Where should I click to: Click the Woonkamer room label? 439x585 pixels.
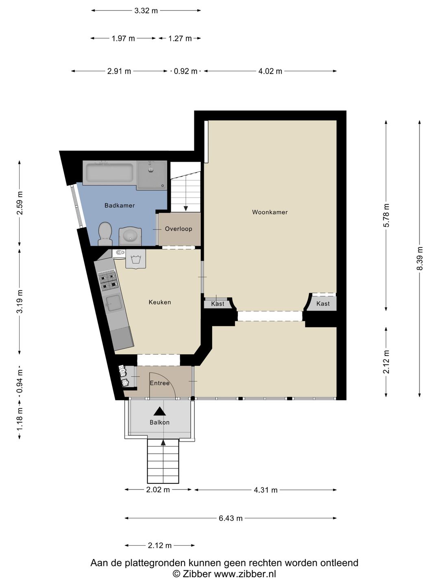coord(270,212)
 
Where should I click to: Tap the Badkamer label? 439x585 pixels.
coord(120,205)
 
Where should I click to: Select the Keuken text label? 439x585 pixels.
coord(160,302)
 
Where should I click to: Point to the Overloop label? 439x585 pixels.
coord(178,229)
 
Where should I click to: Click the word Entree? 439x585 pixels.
coord(159,383)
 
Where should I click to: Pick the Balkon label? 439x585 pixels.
coord(159,422)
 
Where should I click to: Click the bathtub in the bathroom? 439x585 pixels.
coord(110,172)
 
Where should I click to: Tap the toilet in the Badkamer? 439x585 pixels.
coord(105,234)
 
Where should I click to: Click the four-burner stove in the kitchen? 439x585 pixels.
coord(108,281)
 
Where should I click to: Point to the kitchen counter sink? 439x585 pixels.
coord(113,303)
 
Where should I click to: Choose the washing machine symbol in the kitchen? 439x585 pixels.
coord(136,259)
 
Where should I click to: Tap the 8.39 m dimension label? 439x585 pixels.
coord(419,258)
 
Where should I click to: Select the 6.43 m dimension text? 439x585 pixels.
coord(230,518)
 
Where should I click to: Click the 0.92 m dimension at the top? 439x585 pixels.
coord(185,71)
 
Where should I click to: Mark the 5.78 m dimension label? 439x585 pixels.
coord(386,215)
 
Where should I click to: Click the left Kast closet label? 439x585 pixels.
coord(217,303)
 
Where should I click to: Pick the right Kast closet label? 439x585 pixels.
coord(323,303)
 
